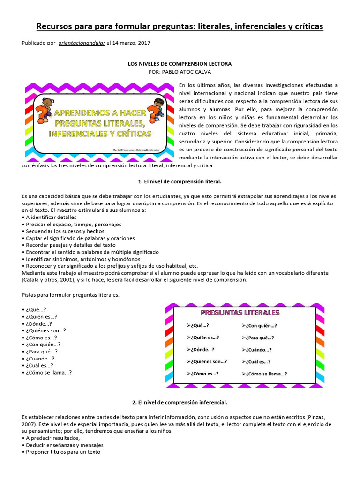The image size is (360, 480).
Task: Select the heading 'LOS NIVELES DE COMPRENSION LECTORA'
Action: point(180,63)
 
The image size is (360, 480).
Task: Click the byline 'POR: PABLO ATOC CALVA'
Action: point(180,72)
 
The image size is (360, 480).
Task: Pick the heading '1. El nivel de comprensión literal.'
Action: point(180,181)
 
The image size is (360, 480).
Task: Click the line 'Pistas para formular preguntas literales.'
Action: point(71,295)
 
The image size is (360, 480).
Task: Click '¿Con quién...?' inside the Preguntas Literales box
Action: point(260,326)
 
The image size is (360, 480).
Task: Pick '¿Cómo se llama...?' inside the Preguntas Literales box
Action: point(265,374)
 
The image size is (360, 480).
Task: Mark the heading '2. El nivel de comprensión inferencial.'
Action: point(180,402)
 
